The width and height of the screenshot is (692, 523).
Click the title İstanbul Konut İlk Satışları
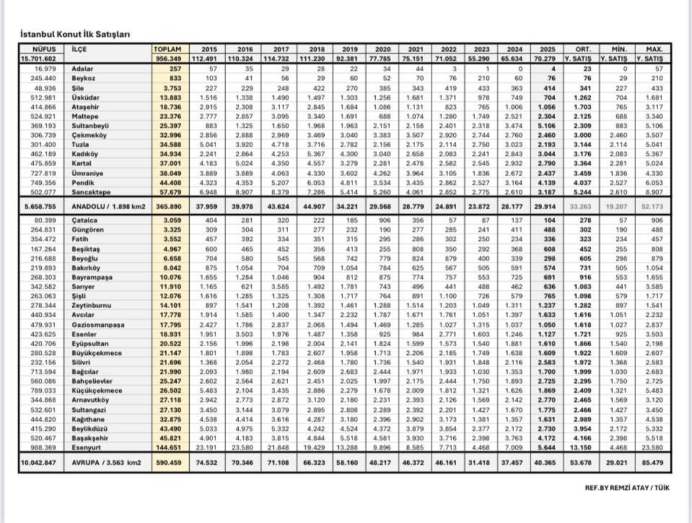coord(76,34)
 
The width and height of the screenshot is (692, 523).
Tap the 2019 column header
coord(349,49)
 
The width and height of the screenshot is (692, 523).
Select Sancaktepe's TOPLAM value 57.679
coord(171,193)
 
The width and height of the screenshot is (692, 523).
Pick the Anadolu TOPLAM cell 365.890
coord(169,206)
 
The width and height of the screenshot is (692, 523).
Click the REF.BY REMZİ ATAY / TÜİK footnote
coord(627,487)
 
